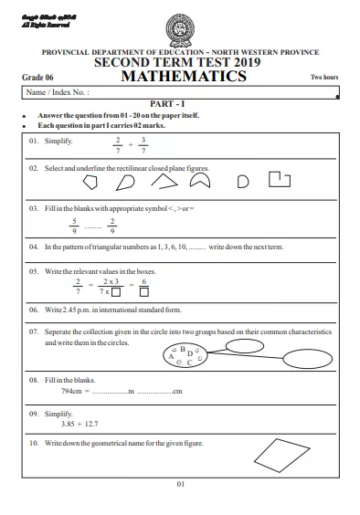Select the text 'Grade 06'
click(x=35, y=79)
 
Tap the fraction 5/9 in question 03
click(x=75, y=224)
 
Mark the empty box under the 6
click(x=143, y=293)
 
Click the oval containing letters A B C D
click(x=184, y=356)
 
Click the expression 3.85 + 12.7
click(x=79, y=425)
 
